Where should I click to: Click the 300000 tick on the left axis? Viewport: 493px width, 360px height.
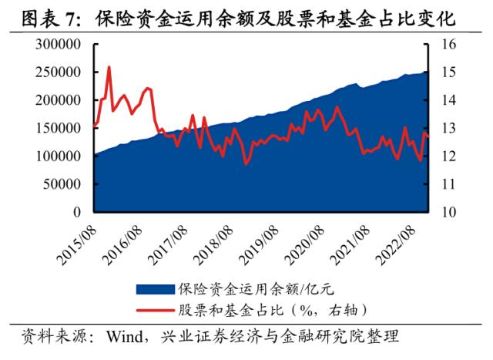(59, 45)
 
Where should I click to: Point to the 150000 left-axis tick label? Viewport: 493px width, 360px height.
(59, 128)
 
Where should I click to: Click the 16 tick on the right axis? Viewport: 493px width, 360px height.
(449, 45)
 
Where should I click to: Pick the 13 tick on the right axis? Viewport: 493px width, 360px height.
(449, 128)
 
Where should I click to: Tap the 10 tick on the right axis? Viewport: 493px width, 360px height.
(449, 211)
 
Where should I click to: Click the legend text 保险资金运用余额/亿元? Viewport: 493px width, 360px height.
(257, 289)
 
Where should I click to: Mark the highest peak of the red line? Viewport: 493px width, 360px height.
(109, 68)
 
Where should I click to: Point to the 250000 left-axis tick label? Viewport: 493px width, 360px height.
(59, 72)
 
